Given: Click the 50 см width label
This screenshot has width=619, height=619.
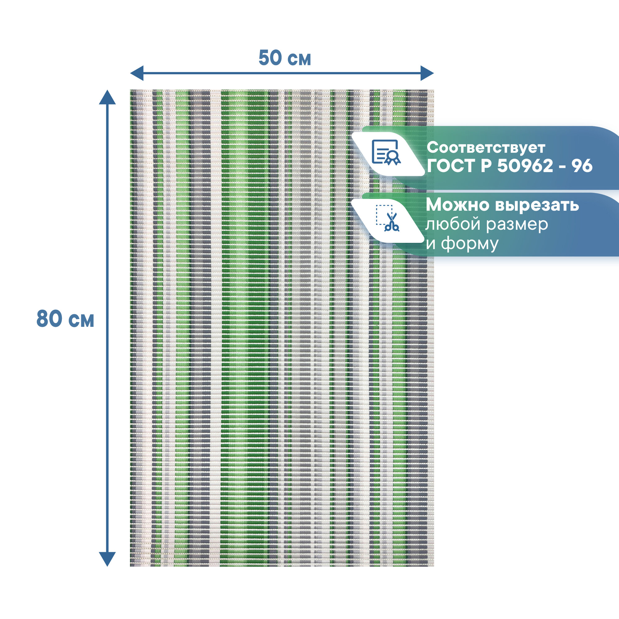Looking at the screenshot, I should (x=284, y=58).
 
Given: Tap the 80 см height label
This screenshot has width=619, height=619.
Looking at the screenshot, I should (x=65, y=319).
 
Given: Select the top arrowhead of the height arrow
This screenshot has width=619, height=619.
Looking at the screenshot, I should (x=107, y=97).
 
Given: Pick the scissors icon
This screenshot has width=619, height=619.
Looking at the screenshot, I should (x=388, y=219).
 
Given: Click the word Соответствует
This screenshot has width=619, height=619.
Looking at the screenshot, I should (x=486, y=148).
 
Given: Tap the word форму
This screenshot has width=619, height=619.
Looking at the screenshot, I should (x=470, y=244).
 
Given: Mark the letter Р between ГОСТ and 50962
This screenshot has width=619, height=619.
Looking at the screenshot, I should (x=486, y=166).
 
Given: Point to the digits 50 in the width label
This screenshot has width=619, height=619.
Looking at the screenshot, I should (x=270, y=58).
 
